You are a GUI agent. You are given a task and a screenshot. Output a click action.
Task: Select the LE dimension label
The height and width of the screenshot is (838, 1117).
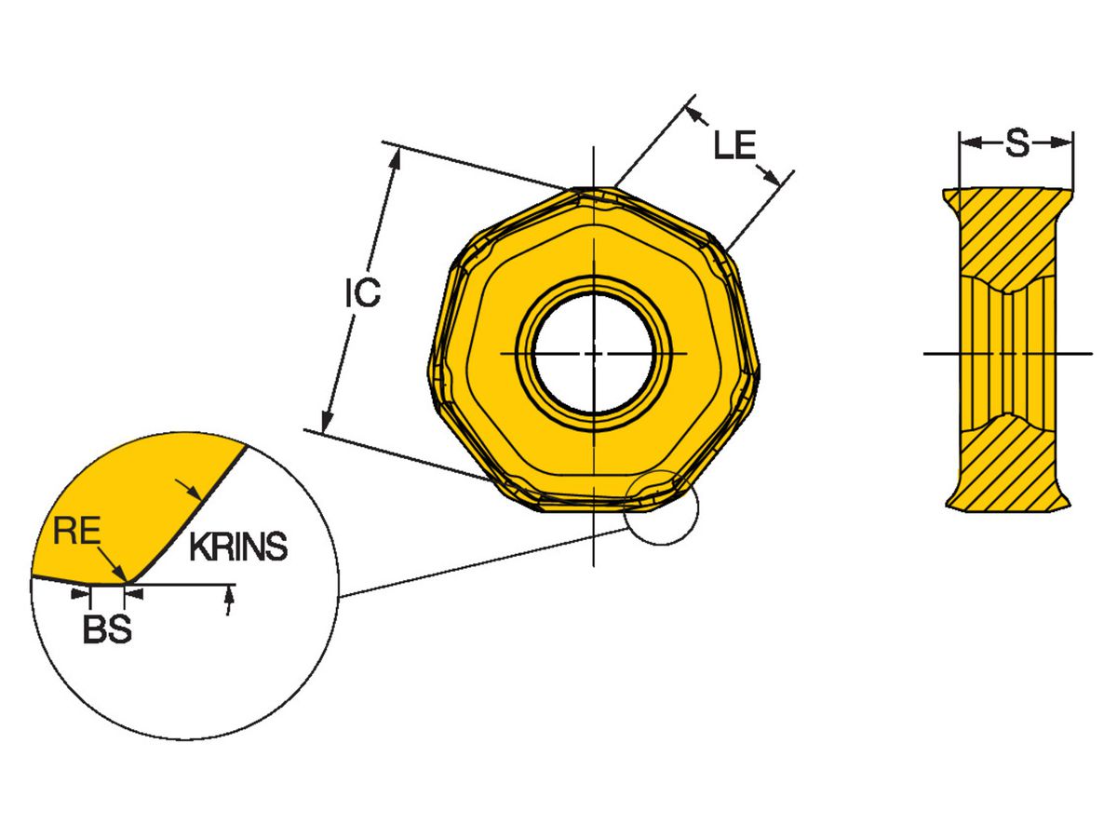point(734,145)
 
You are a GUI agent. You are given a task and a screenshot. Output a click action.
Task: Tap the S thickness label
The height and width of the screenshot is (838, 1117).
point(1016,143)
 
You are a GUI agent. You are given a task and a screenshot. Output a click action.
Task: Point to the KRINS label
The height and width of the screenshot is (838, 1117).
point(238,548)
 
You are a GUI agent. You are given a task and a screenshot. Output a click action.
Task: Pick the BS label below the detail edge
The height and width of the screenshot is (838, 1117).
point(107,630)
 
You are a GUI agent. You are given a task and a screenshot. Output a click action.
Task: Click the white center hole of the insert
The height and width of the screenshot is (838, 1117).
point(593,353)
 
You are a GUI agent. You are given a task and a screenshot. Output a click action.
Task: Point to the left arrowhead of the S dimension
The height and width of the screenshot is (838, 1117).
point(968,143)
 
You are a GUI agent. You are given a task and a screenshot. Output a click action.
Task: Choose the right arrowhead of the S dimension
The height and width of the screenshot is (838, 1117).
point(1067,143)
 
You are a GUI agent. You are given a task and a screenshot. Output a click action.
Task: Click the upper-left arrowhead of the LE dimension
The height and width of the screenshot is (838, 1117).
point(693,114)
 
